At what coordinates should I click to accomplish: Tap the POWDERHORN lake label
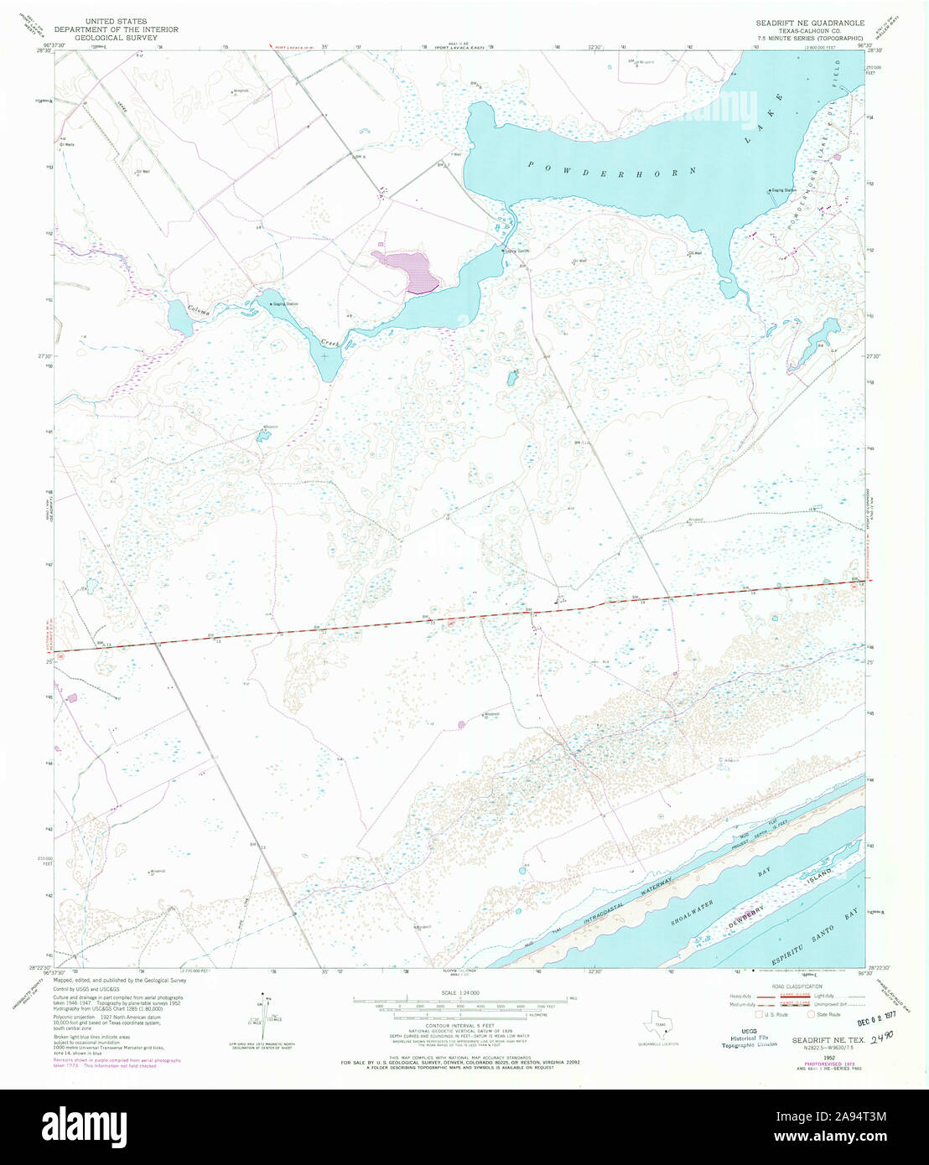[612, 168]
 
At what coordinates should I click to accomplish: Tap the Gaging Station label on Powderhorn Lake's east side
[784, 190]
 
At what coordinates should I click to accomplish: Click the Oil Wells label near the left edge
[66, 144]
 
